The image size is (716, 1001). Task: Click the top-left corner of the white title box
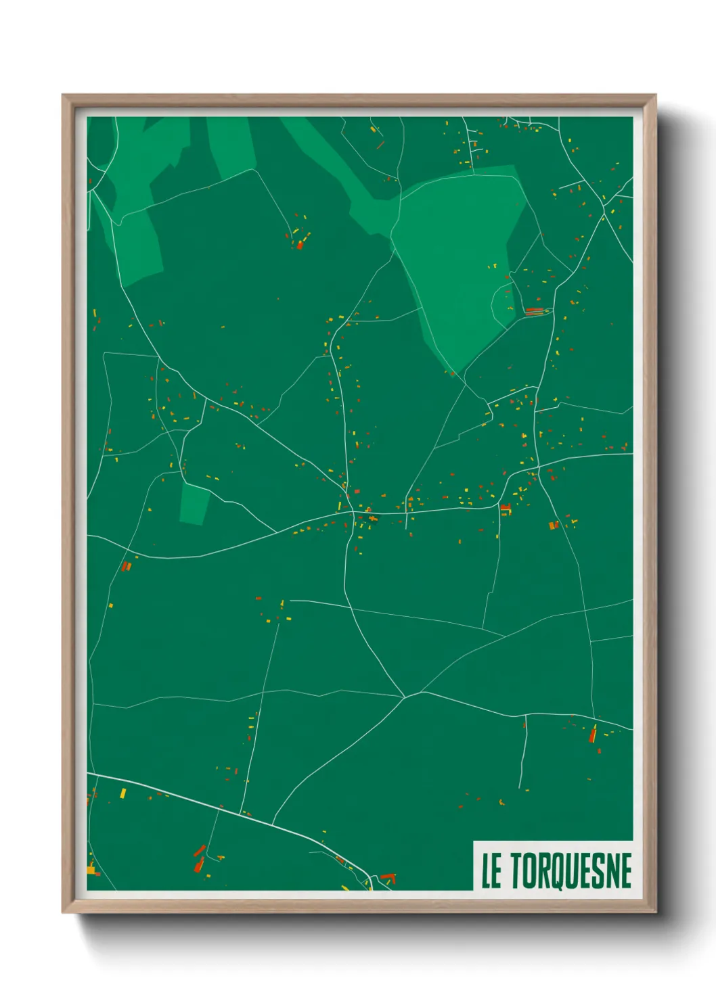(474, 841)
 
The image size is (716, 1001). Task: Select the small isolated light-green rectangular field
(194, 504)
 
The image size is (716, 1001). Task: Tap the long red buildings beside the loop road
(535, 311)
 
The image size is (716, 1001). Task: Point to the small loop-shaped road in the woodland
(502, 302)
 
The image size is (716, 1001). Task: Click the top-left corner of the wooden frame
(63, 95)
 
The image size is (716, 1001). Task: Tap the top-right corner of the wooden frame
(655, 95)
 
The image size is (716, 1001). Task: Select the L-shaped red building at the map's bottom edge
(388, 877)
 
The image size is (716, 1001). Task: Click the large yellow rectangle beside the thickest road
(122, 793)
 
